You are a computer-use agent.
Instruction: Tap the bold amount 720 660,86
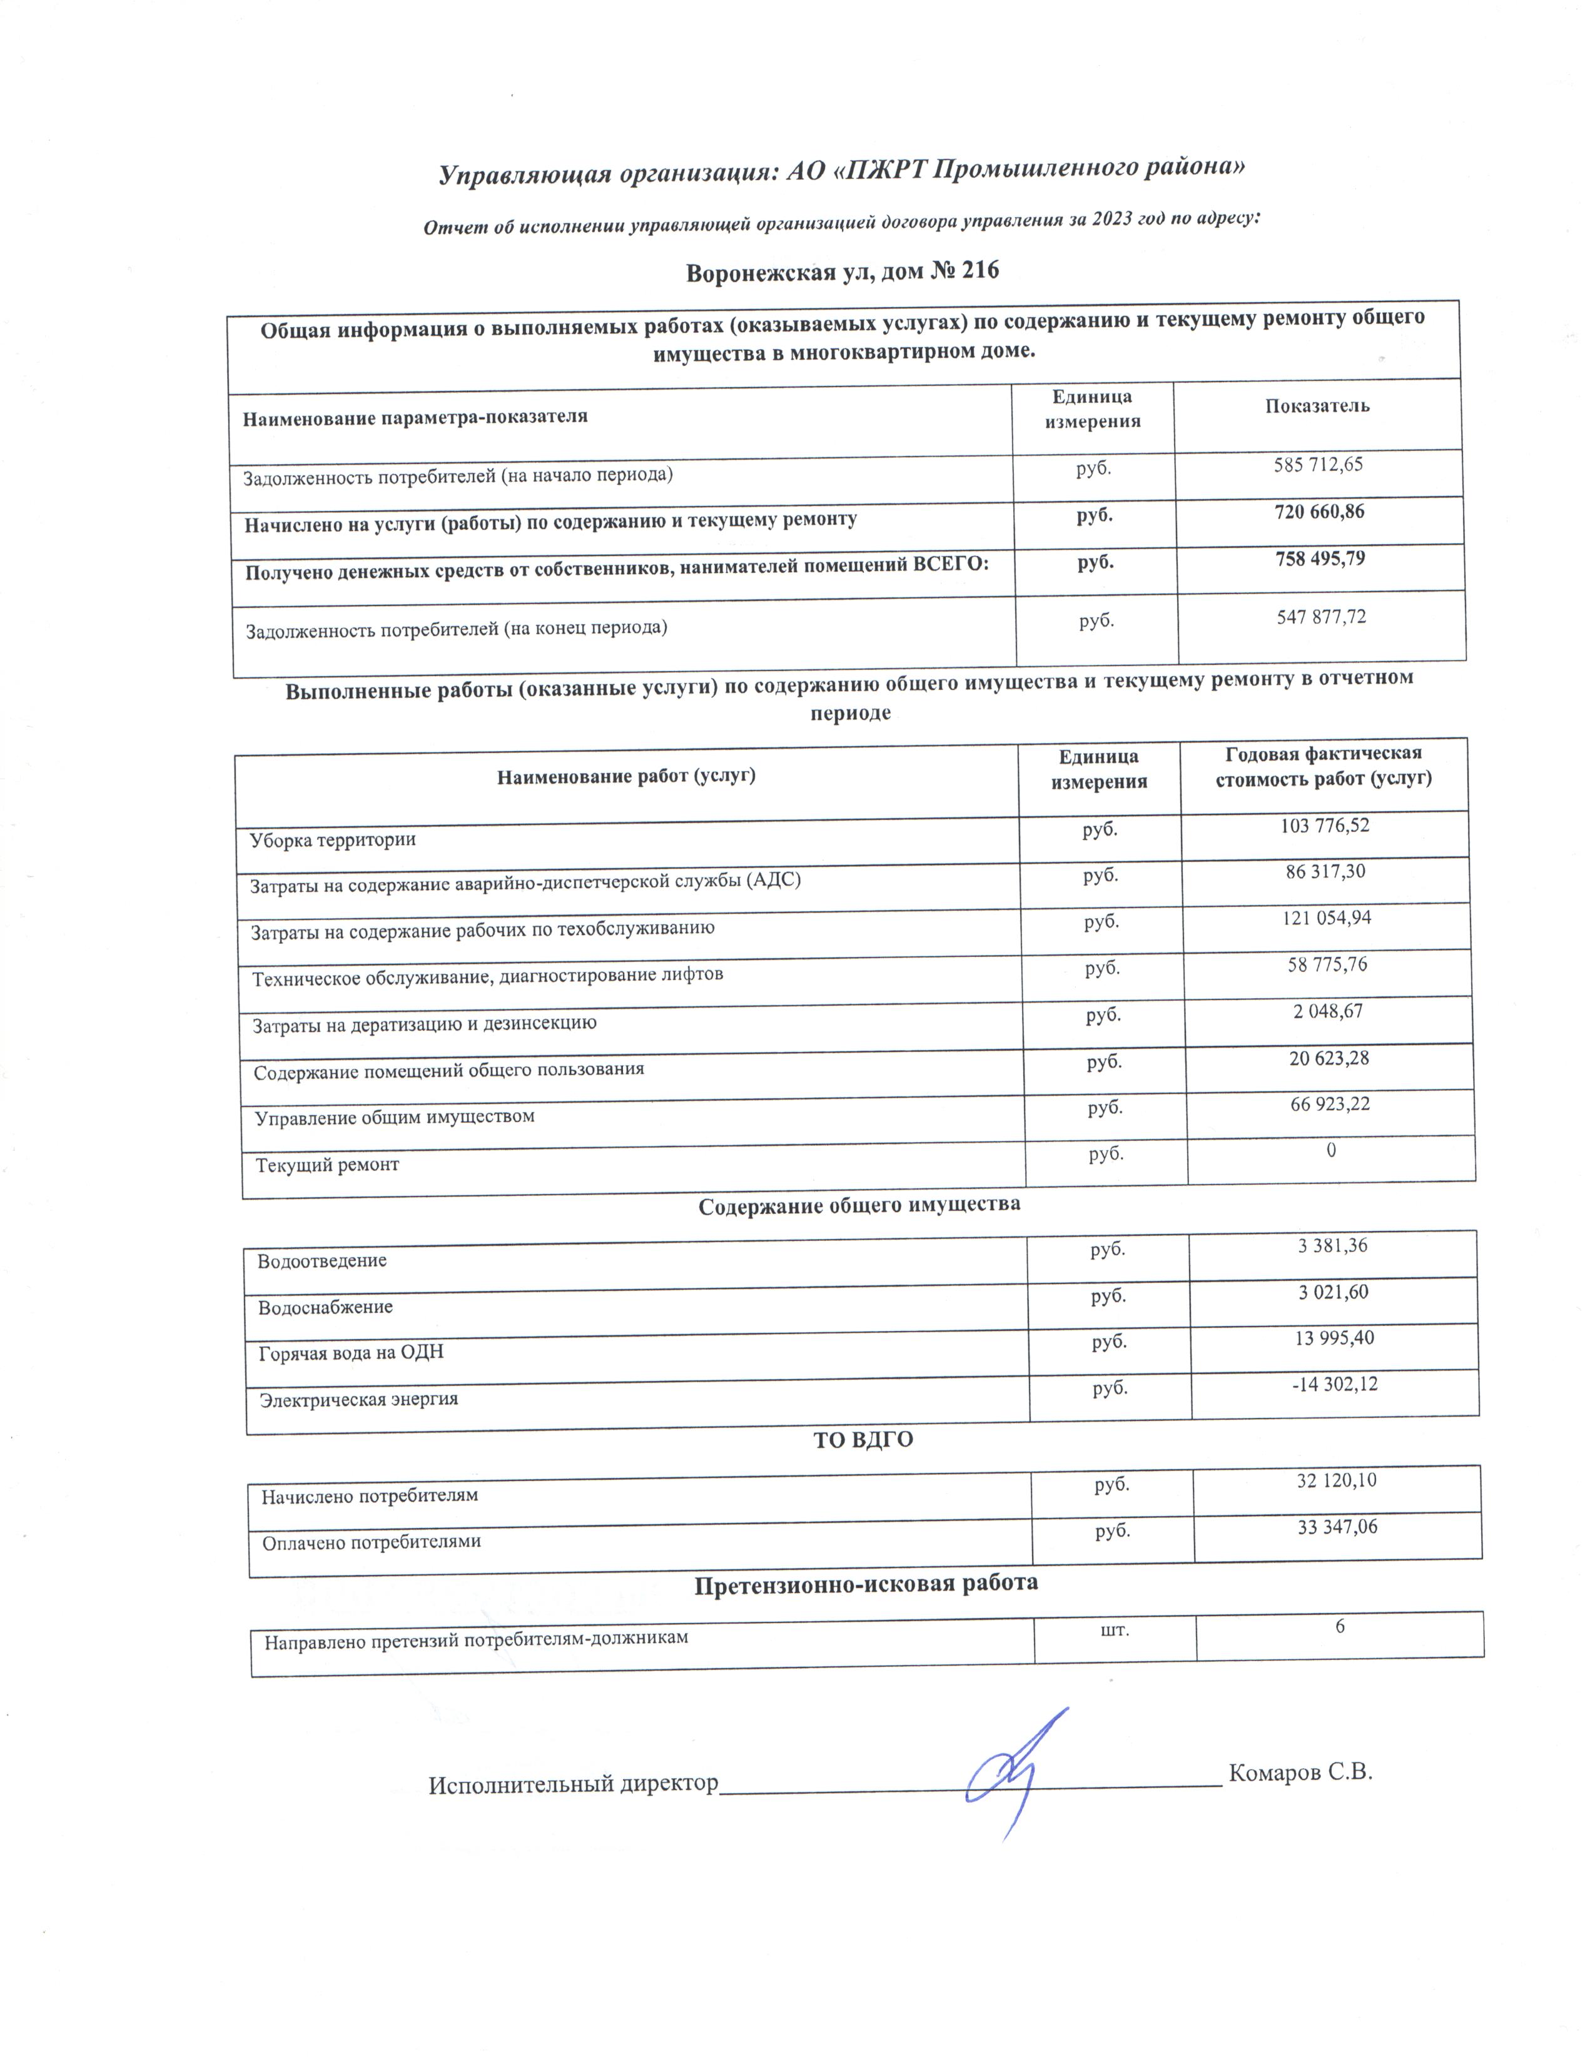click(x=1319, y=512)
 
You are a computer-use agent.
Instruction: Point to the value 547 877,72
click(x=1321, y=618)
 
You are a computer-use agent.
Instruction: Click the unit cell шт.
click(x=1115, y=1629)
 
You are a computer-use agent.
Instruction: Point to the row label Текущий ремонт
click(x=327, y=1165)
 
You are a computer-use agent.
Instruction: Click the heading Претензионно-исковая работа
click(x=866, y=1583)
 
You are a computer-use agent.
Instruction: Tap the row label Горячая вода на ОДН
click(x=350, y=1352)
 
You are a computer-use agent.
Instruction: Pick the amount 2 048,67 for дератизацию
click(x=1327, y=1011)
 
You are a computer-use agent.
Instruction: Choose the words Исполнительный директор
click(x=572, y=1784)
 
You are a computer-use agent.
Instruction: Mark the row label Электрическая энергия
click(x=359, y=1399)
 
